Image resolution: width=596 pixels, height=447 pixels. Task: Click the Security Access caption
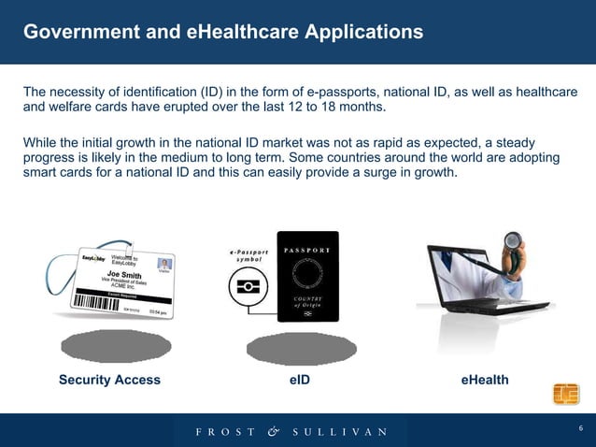[109, 380]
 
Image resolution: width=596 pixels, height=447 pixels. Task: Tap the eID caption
[299, 380]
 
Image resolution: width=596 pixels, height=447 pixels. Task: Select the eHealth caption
[485, 380]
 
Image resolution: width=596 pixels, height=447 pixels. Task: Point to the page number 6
[580, 428]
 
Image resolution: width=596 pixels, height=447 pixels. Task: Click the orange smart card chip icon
[565, 395]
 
